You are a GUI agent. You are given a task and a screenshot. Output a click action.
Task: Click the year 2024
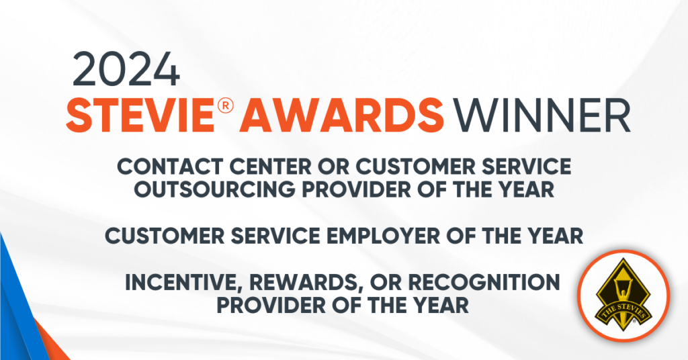click(x=126, y=69)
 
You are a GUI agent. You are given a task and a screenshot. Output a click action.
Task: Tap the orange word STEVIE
click(x=140, y=116)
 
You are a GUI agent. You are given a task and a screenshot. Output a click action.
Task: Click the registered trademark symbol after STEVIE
click(x=225, y=106)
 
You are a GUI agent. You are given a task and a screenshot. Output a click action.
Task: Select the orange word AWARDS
click(x=342, y=116)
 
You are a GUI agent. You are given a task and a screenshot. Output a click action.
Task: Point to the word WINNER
click(x=542, y=116)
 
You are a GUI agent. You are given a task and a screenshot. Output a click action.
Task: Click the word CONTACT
click(x=170, y=167)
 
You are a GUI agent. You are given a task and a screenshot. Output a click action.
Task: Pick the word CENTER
click(x=270, y=167)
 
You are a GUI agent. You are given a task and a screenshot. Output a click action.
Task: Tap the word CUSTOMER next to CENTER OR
click(x=415, y=167)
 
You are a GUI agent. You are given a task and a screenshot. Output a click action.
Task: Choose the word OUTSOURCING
click(x=214, y=189)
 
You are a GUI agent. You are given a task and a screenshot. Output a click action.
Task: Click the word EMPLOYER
click(x=384, y=236)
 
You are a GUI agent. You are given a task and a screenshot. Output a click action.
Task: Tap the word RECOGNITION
click(x=484, y=282)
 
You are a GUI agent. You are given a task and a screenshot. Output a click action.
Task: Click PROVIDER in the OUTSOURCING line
click(x=356, y=189)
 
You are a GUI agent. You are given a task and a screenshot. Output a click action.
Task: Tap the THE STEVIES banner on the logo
click(x=623, y=312)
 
